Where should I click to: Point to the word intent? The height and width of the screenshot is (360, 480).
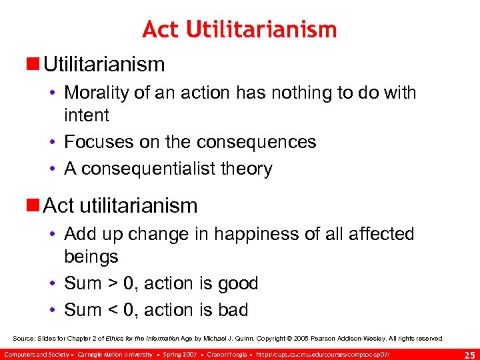pyautogui.click(x=87, y=115)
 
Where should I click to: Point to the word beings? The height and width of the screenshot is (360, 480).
pyautogui.click(x=91, y=257)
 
